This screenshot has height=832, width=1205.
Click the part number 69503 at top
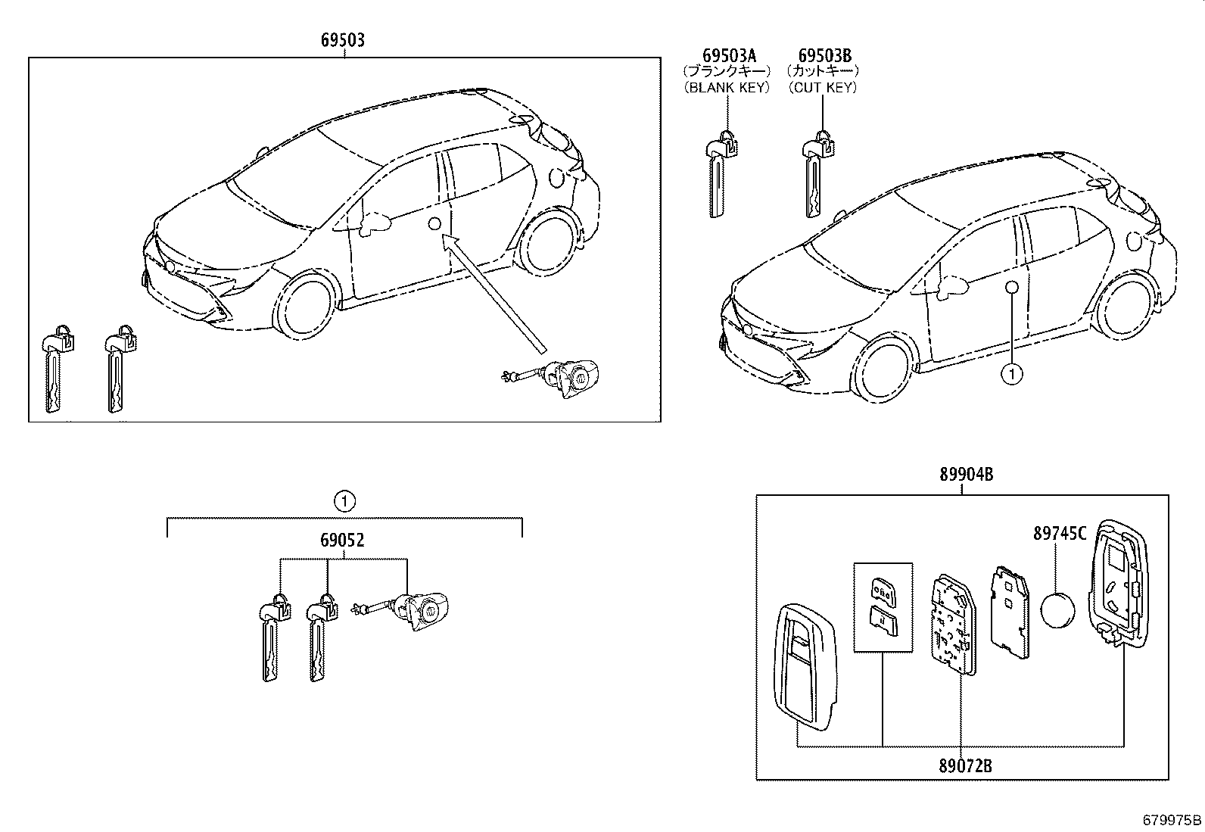click(x=342, y=39)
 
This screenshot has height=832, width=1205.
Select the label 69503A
click(x=728, y=55)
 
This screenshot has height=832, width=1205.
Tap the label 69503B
click(x=824, y=55)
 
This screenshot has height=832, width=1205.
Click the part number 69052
click(x=342, y=540)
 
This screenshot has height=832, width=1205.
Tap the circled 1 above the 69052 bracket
click(x=344, y=500)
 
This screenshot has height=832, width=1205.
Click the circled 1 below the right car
click(x=1011, y=372)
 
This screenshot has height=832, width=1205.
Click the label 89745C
click(x=1060, y=534)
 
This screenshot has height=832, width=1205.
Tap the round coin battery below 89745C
click(x=1058, y=609)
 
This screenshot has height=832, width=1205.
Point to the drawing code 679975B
click(x=1172, y=820)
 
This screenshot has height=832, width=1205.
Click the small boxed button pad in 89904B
click(x=883, y=607)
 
